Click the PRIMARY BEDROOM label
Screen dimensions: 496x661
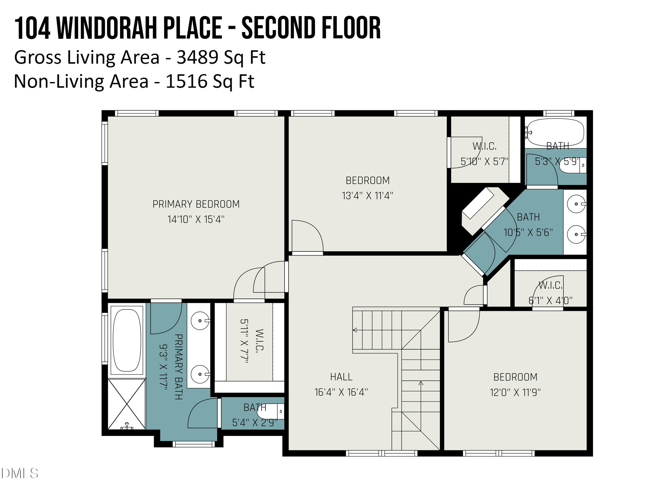196,204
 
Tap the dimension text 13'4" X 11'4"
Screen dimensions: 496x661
368,196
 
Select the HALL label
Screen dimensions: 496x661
341,377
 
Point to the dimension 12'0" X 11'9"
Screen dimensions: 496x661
515,392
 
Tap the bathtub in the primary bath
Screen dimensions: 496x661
127,340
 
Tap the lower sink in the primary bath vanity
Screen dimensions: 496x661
200,374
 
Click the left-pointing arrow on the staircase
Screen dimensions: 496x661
355,330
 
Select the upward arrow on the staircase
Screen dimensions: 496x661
421,383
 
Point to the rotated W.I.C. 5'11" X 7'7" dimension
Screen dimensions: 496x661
244,341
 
